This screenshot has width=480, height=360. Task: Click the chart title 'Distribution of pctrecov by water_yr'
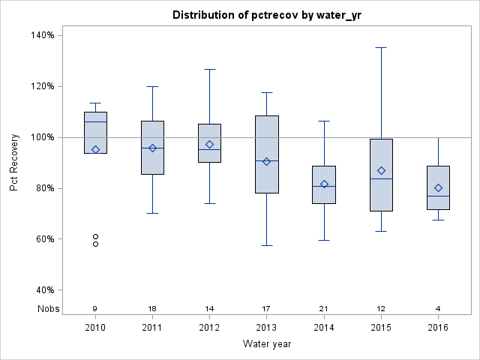tap(266, 15)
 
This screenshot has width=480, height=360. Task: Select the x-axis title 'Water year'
tap(266, 343)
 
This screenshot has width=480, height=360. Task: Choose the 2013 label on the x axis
tap(266, 327)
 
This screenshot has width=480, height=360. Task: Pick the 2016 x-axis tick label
tap(438, 327)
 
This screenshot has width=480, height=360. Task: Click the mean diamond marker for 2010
tap(95, 149)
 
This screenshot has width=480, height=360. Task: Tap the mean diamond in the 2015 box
tap(381, 170)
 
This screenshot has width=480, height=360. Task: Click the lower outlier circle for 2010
tap(95, 244)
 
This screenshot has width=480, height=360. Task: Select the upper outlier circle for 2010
tap(95, 236)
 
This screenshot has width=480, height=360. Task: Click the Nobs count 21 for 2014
tap(324, 308)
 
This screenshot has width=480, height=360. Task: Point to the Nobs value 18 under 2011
tap(152, 308)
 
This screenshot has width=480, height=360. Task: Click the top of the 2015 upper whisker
tap(381, 47)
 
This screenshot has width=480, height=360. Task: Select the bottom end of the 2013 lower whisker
tap(266, 245)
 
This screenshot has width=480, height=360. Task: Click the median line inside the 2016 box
tap(438, 196)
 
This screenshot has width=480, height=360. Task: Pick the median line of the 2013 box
tap(266, 160)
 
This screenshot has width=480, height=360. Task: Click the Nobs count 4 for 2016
tap(438, 308)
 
